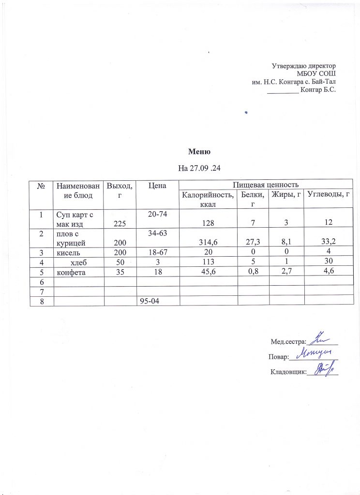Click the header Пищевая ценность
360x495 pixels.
266,184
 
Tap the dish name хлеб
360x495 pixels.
78,262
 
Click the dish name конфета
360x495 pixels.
71,272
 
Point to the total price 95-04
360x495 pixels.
149,301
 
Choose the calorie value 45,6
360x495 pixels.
209,272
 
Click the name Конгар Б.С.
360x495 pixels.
318,89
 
